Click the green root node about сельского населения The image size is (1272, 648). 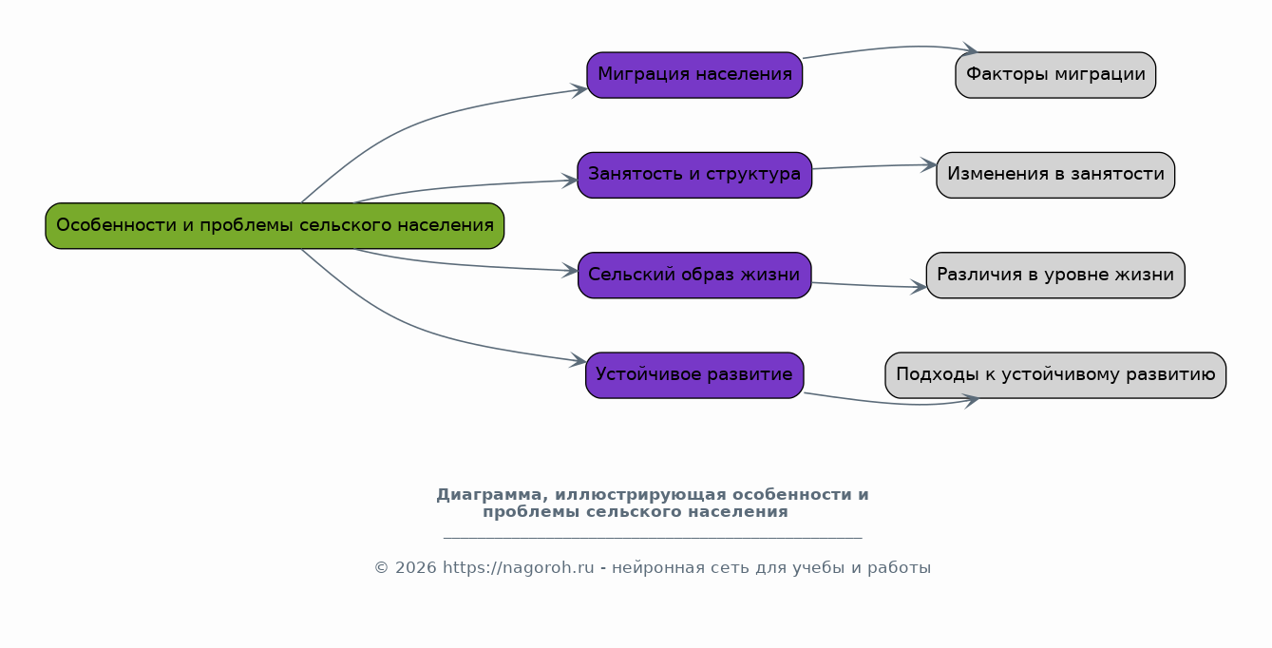[275, 226]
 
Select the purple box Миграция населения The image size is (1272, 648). [694, 75]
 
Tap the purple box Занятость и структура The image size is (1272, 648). [694, 175]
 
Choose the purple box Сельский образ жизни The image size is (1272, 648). [694, 276]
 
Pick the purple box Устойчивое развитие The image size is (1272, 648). [694, 375]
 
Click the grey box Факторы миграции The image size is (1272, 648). [1055, 75]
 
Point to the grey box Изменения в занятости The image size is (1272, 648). [1055, 175]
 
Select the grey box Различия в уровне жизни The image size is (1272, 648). [1055, 276]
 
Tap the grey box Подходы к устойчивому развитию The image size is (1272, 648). [1055, 375]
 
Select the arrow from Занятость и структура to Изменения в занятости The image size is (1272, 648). [874, 166]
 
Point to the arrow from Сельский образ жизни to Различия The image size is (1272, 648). [869, 285]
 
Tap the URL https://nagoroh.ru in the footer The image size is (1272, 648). [518, 568]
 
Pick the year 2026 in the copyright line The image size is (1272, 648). [415, 568]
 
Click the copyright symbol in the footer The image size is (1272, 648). [381, 568]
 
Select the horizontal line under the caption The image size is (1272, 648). [653, 538]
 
